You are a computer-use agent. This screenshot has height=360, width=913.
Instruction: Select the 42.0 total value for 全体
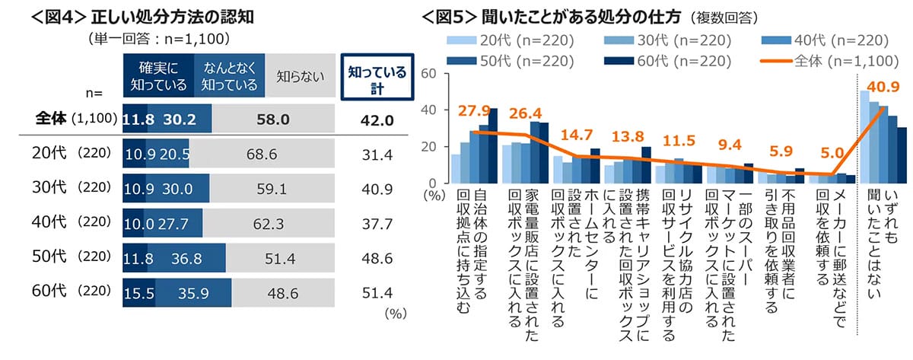click(376, 119)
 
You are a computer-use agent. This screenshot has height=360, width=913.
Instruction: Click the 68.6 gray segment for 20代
click(255, 155)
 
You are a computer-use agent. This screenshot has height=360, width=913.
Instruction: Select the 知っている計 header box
click(375, 78)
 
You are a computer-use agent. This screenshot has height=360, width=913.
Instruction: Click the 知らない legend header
click(300, 75)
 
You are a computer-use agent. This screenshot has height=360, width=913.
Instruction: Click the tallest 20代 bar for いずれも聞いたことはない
click(865, 137)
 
